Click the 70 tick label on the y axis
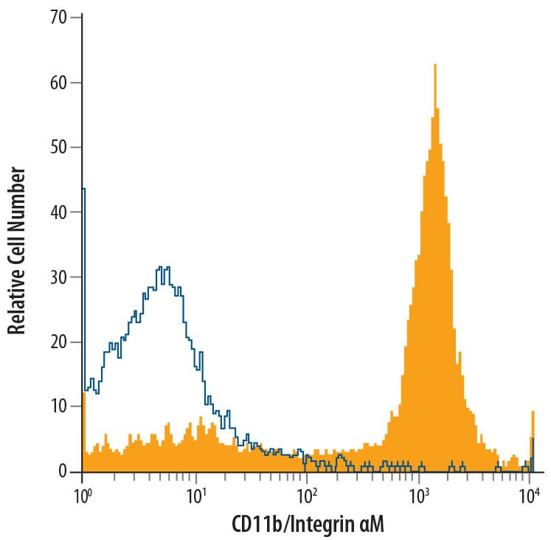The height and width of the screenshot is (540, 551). pos(58,17)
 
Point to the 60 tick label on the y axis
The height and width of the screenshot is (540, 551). pos(58,82)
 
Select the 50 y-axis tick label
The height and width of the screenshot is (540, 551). pos(58,147)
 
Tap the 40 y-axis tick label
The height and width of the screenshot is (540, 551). pos(58,212)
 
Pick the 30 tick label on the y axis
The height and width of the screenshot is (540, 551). pos(58,277)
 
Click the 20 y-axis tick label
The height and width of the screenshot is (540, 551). pos(58,342)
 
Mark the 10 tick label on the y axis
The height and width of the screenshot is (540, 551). pos(58,406)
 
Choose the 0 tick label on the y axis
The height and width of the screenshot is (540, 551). pos(63,471)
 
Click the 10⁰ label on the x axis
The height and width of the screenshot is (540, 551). pos(82,490)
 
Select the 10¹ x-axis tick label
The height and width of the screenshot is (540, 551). pos(195,490)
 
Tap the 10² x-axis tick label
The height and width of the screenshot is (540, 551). pos(307,490)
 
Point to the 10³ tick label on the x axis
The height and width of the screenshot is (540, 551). pos(419,490)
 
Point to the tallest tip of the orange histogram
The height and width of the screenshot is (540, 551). pos(435,65)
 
